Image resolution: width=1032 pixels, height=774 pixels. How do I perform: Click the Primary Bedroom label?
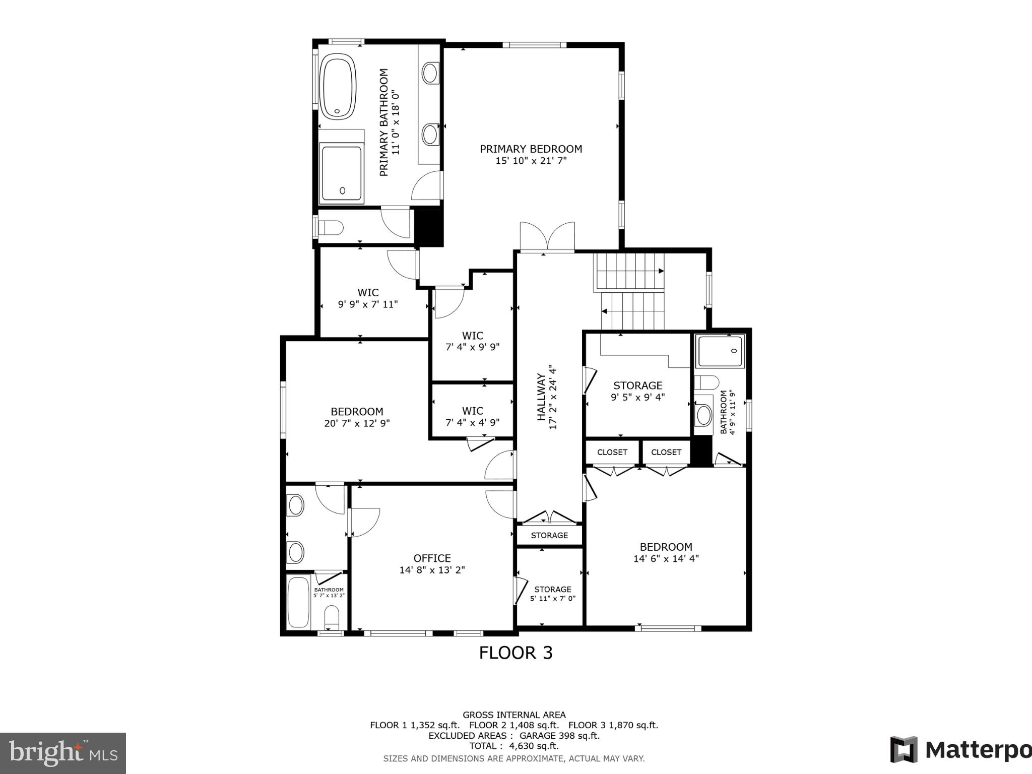click(x=531, y=149)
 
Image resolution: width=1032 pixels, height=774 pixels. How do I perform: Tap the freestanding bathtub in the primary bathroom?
click(x=339, y=89)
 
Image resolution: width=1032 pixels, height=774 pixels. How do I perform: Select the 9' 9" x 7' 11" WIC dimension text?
click(x=368, y=304)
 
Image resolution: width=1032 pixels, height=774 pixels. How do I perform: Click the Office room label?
click(x=432, y=558)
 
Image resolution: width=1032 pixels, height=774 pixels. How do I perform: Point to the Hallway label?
click(x=542, y=397)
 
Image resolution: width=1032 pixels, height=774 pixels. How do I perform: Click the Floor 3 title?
click(x=515, y=653)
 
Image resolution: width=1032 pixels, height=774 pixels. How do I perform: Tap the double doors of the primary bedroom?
click(x=547, y=237)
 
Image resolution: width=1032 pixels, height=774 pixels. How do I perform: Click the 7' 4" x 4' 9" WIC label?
click(x=472, y=411)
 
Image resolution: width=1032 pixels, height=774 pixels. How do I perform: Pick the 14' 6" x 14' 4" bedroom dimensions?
click(x=666, y=559)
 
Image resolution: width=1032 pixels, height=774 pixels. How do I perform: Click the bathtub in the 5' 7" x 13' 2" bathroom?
click(x=297, y=602)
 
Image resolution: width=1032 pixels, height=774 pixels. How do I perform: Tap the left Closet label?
click(x=612, y=452)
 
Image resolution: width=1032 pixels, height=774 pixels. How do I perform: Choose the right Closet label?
click(x=666, y=452)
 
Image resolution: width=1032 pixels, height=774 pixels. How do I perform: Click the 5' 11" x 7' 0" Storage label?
click(x=553, y=590)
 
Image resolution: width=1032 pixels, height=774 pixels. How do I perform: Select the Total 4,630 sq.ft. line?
click(x=514, y=746)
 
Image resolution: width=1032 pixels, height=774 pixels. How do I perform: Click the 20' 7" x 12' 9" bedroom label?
click(x=357, y=412)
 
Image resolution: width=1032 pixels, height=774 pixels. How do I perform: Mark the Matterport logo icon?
click(x=904, y=750)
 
